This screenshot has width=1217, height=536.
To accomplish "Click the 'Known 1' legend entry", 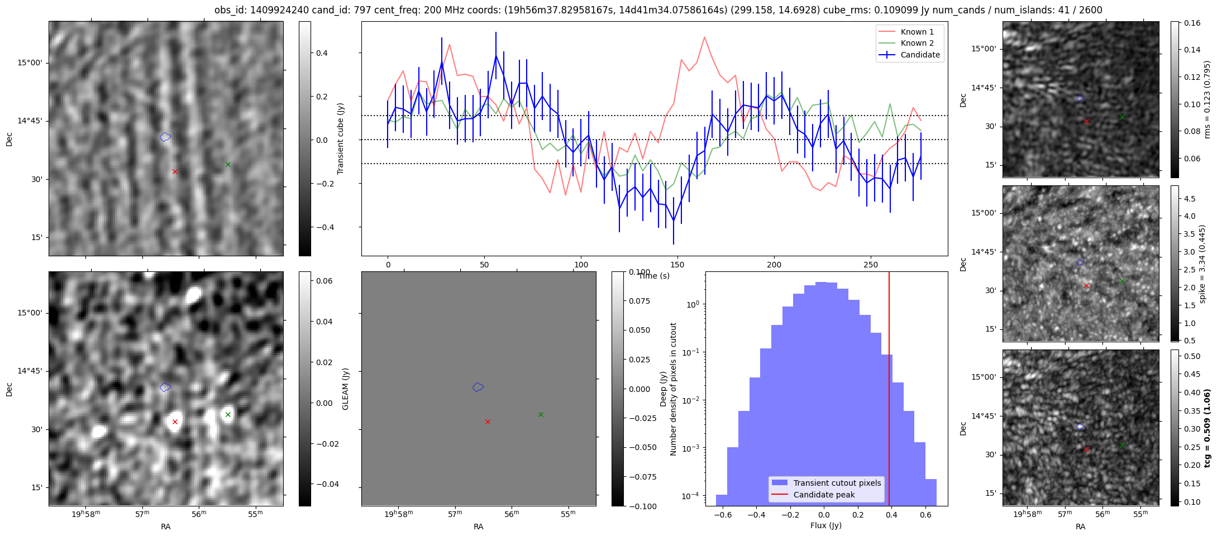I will [x=917, y=32].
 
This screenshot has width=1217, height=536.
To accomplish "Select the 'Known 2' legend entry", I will [x=917, y=43].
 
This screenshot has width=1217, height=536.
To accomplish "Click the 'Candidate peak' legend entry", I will [x=824, y=495].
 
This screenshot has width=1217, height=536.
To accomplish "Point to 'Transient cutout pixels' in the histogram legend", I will [x=837, y=483].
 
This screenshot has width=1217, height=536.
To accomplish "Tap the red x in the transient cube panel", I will [x=175, y=171].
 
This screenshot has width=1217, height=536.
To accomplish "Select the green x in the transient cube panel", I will [x=228, y=164].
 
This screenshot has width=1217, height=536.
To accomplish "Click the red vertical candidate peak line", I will [x=889, y=391].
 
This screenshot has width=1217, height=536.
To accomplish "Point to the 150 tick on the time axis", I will [x=677, y=264].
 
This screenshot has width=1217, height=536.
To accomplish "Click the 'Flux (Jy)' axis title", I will [x=825, y=525].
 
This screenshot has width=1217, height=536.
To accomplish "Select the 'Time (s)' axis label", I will [x=653, y=276].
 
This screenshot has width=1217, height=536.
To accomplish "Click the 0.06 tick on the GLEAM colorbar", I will [x=324, y=281].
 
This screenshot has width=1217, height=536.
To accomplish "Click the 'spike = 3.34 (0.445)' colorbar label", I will [x=1202, y=264].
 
